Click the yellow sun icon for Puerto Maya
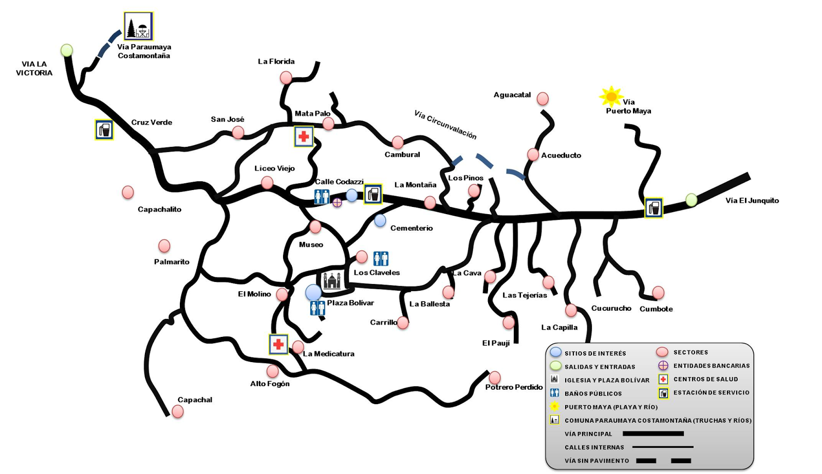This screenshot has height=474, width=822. [611, 97]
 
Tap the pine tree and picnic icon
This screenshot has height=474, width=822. [138, 26]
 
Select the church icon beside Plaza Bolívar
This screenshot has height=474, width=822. [332, 280]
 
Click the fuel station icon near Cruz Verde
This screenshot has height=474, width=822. [104, 130]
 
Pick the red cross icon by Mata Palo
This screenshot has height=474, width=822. [304, 137]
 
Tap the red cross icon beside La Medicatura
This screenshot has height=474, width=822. [278, 344]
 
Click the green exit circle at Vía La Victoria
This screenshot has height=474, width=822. [67, 50]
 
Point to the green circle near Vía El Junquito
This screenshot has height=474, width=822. [692, 200]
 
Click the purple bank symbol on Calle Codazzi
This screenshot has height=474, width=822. [337, 202]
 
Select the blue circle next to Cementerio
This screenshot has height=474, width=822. [380, 221]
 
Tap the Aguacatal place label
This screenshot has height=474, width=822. [512, 95]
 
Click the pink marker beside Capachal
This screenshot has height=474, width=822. [178, 411]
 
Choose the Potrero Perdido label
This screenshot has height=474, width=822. [514, 387]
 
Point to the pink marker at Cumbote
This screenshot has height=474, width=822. [658, 293]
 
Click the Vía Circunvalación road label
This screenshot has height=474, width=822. [445, 124]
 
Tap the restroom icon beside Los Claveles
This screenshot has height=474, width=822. [381, 258]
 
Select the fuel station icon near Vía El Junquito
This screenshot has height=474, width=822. [653, 208]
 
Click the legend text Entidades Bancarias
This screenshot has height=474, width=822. [712, 366]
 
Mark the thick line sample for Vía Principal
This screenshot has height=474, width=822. [653, 434]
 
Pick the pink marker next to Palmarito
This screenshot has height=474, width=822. [164, 246]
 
